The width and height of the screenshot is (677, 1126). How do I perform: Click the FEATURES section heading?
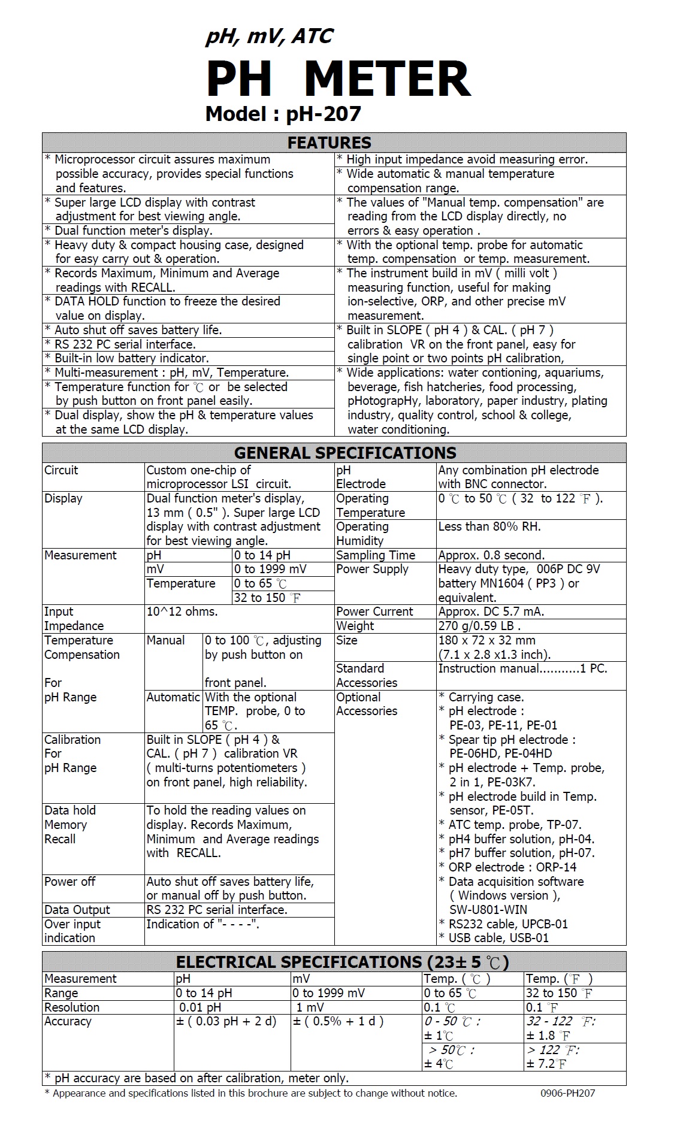click(x=330, y=143)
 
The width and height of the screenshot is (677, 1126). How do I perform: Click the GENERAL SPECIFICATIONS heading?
click(x=345, y=453)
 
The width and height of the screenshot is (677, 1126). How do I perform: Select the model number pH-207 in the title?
click(x=324, y=113)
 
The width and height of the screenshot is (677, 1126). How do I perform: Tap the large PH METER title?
click(x=338, y=79)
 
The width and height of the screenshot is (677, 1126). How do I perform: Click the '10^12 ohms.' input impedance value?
click(x=182, y=612)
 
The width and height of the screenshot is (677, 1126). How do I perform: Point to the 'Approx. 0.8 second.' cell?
click(x=491, y=555)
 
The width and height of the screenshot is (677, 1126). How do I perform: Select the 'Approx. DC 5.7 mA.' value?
click(x=491, y=612)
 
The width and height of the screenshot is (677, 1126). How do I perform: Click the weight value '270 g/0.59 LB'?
click(x=479, y=626)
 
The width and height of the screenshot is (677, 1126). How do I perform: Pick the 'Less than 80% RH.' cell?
click(x=489, y=526)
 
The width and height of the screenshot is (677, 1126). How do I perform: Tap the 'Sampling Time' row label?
click(x=376, y=555)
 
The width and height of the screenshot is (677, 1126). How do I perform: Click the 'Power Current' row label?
click(x=374, y=612)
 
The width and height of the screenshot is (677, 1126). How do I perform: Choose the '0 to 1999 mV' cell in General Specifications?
click(x=270, y=569)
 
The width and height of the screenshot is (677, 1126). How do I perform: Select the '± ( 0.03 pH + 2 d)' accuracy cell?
click(x=226, y=1021)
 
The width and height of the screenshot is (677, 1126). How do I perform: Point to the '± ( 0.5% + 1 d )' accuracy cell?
click(x=338, y=1021)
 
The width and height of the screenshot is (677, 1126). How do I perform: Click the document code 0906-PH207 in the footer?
click(x=567, y=1093)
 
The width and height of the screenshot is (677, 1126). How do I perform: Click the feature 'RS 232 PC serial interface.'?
click(x=125, y=344)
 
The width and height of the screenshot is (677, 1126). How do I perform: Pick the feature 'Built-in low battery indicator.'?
click(x=132, y=358)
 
